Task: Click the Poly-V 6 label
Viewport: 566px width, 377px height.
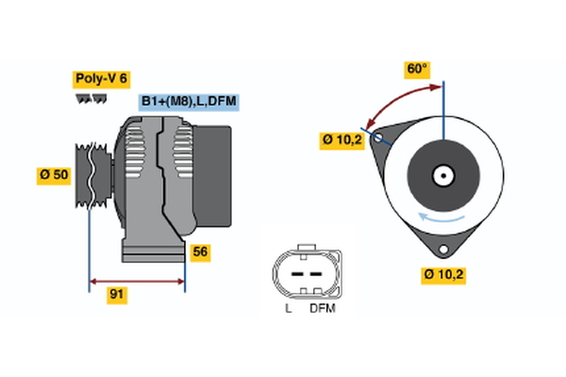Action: [100, 79]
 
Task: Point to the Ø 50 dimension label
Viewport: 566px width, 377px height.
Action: [54, 174]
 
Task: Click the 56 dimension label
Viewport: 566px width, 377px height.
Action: [200, 252]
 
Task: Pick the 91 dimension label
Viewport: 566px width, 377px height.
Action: [116, 295]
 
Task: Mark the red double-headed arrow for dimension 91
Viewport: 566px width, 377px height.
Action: [137, 281]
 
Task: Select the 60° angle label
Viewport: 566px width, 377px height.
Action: [416, 69]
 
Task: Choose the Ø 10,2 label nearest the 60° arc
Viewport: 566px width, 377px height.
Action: [341, 139]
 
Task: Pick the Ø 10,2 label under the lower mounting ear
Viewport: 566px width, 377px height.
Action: [444, 275]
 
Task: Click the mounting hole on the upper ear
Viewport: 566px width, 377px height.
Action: [380, 139]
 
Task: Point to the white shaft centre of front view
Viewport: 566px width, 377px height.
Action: [441, 175]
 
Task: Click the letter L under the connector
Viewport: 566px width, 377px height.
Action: [289, 307]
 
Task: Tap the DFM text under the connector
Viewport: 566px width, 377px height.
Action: [322, 307]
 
